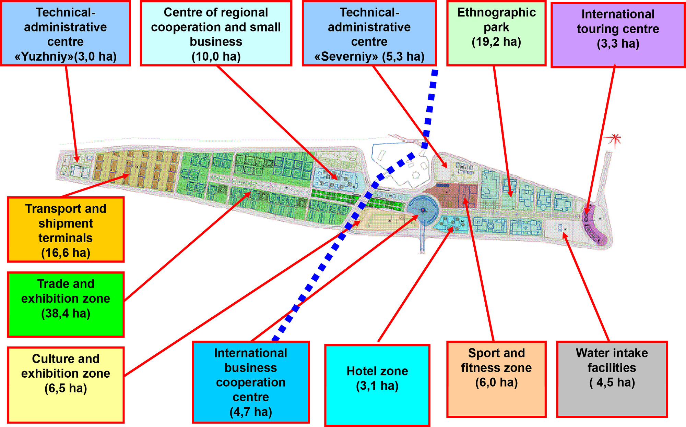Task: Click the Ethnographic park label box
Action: tap(496, 33)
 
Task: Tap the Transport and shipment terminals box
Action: tap(66, 230)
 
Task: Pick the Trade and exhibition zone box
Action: tap(66, 304)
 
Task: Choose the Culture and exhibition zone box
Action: tap(66, 385)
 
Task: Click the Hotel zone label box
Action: tap(377, 385)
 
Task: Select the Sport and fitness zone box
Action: tap(496, 379)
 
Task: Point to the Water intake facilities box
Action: tap(612, 379)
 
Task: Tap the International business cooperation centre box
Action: tap(251, 382)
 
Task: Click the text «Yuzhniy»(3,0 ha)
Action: tap(66, 57)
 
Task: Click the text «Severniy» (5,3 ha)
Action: tap(369, 57)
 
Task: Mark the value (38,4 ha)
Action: tap(66, 314)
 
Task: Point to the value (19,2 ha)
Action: tap(496, 42)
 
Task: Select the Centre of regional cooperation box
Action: tap(216, 33)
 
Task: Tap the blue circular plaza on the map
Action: tap(423, 209)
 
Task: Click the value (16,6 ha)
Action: tap(66, 253)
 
